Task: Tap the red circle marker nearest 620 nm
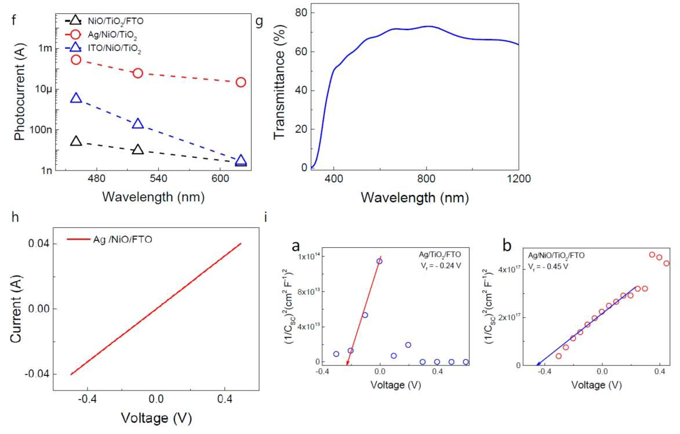click(x=241, y=82)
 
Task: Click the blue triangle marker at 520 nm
click(x=138, y=124)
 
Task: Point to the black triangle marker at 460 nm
click(x=76, y=141)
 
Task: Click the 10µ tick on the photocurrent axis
click(x=43, y=89)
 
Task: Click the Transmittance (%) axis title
click(x=280, y=82)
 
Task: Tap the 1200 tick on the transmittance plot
click(x=519, y=178)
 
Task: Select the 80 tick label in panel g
click(x=302, y=13)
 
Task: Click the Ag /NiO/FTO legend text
click(x=122, y=239)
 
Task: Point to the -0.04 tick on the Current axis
click(x=39, y=374)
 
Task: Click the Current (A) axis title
click(x=16, y=310)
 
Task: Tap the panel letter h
click(x=15, y=216)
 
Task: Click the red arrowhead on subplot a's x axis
click(x=347, y=363)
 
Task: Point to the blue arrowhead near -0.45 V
click(x=540, y=364)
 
